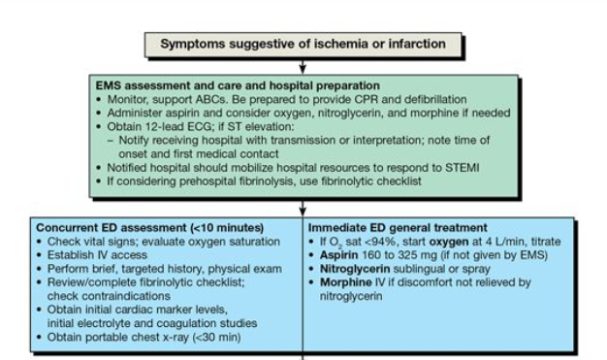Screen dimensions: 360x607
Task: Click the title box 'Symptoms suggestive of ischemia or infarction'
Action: coord(303,44)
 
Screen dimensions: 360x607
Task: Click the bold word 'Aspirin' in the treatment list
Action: coord(341,255)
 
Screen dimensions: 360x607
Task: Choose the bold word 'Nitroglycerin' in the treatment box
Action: coord(358,269)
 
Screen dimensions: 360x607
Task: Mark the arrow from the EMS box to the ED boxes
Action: coord(303,207)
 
